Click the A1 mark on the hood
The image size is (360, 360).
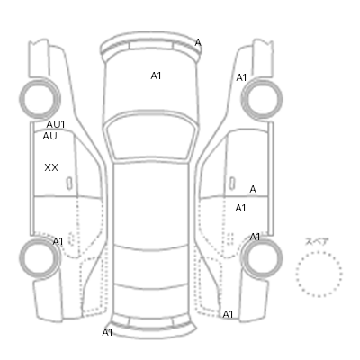pos(156,76)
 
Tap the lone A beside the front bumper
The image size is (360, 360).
pos(198,43)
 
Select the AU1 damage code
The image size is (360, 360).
pos(56,124)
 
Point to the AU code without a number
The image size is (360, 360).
pos(49,136)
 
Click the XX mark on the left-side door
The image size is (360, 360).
pos(51,167)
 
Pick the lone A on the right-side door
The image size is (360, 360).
pos(253,189)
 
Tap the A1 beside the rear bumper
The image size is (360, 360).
pos(107,332)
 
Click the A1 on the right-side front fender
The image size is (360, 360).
pos(241,77)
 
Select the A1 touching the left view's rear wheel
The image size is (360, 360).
pos(58,241)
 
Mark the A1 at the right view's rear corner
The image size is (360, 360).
pos(228,314)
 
